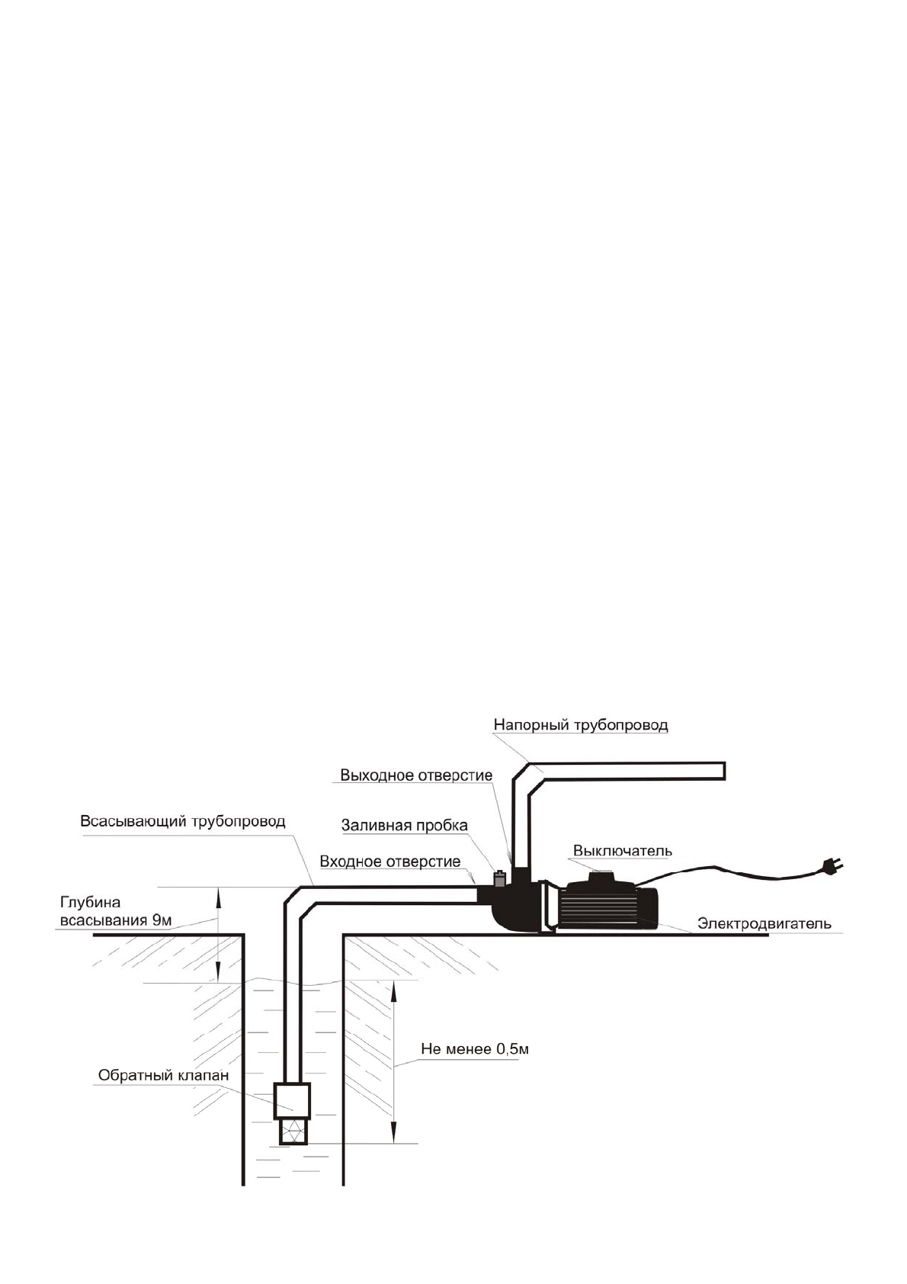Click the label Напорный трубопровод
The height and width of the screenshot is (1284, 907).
tap(580, 724)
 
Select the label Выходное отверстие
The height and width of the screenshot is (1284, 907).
tap(415, 775)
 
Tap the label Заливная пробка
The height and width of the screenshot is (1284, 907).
tap(404, 825)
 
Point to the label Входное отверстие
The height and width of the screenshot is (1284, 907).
tap(389, 862)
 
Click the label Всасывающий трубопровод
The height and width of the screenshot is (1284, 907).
tap(183, 821)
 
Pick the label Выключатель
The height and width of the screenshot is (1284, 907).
tap(622, 850)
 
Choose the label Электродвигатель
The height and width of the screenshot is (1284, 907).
tap(764, 923)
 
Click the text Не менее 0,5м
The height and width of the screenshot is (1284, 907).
tap(475, 1049)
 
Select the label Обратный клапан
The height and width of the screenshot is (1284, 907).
tap(163, 1075)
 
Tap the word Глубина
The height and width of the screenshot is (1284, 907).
tap(90, 904)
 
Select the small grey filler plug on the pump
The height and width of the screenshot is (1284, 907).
tap(500, 878)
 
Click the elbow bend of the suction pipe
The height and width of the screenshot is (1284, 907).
tap(297, 900)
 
